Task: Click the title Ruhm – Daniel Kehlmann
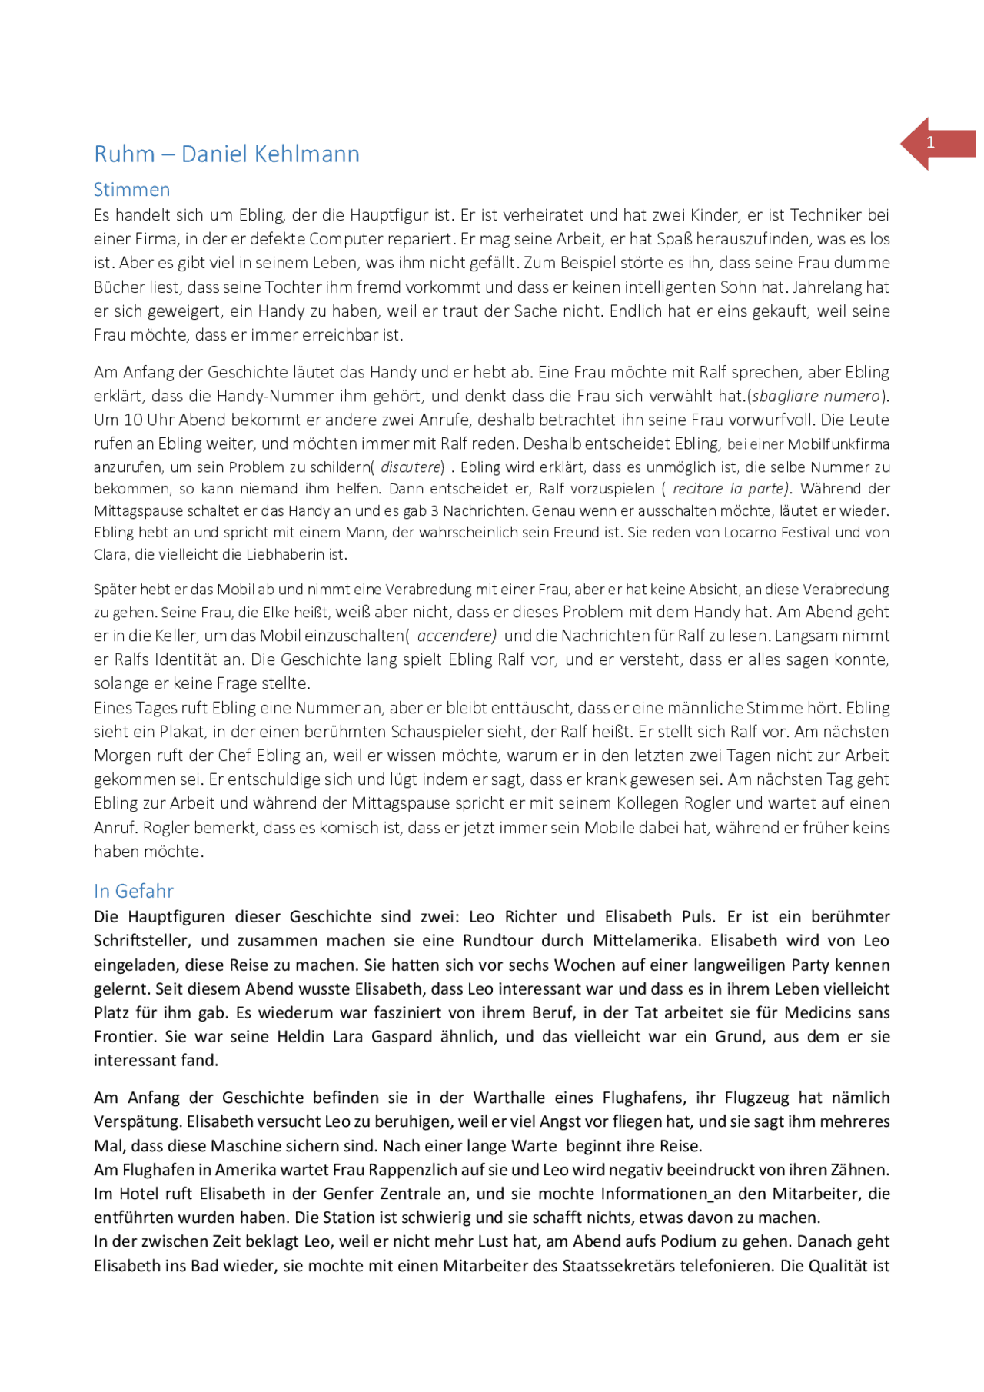227,154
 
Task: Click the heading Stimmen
131,190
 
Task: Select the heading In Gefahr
134,891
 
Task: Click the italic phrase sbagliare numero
816,396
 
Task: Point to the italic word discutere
412,467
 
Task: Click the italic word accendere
456,636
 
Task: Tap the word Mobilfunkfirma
839,444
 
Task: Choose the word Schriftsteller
142,941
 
